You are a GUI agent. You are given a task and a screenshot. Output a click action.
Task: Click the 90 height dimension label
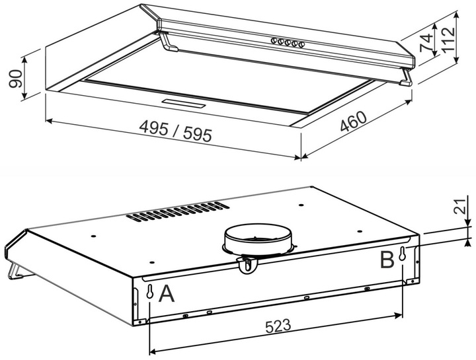(x=16, y=79)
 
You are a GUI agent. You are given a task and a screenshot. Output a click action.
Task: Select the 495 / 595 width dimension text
(x=175, y=131)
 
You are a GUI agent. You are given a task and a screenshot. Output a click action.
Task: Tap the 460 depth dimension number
(x=353, y=122)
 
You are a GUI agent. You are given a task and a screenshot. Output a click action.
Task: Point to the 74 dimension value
(x=426, y=42)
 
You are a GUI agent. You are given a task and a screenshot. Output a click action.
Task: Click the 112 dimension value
(x=448, y=40)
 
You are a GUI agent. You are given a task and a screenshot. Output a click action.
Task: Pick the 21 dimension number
(x=461, y=207)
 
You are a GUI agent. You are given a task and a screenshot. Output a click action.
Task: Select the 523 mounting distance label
(x=278, y=326)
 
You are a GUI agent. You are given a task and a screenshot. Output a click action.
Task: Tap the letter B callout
(x=387, y=260)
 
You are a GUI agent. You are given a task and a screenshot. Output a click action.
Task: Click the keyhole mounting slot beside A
(x=149, y=292)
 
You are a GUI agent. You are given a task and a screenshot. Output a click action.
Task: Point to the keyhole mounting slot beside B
(x=403, y=254)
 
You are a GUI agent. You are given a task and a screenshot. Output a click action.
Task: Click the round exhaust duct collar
(x=258, y=238)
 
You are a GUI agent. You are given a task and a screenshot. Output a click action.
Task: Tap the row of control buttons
(x=286, y=42)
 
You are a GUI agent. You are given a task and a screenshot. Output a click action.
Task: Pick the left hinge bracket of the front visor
(x=169, y=42)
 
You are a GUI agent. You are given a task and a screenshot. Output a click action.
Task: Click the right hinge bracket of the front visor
(x=406, y=77)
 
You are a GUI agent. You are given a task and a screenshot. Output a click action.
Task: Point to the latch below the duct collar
(x=248, y=265)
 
